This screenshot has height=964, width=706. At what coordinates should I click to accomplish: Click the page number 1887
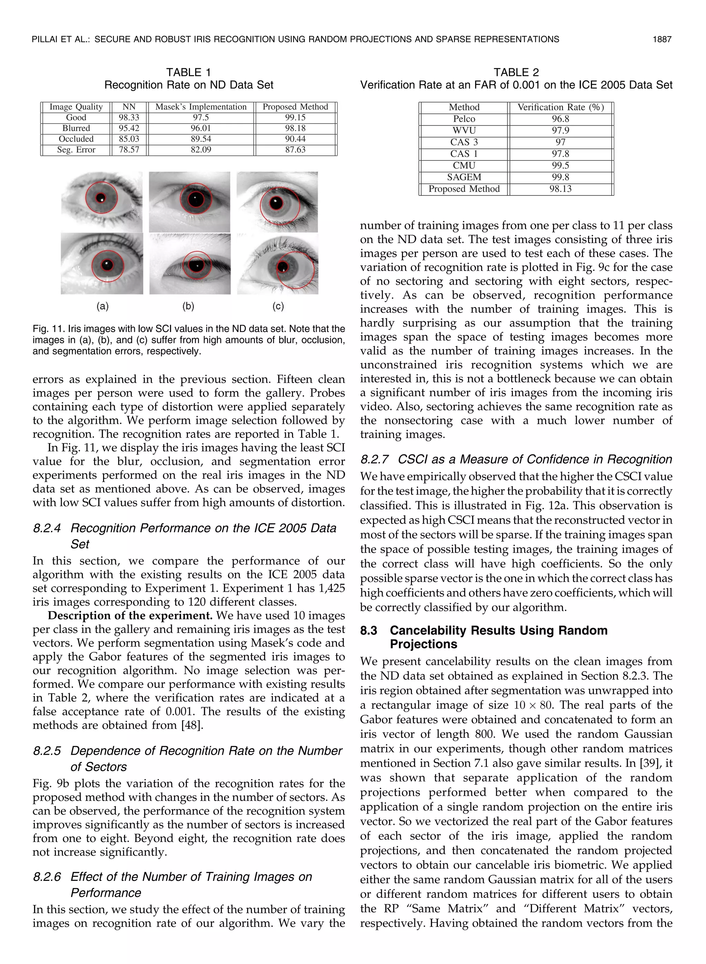coord(662,39)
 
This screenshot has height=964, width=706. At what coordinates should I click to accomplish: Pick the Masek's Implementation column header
coord(201,107)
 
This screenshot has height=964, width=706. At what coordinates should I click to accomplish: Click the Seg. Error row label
coord(76,150)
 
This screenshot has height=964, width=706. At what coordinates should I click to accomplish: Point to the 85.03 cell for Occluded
coord(129,139)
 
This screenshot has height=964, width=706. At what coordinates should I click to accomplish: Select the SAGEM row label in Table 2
coord(464,177)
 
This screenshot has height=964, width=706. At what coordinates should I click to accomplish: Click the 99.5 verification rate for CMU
coord(560,165)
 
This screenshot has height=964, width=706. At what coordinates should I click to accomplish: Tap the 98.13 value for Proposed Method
coord(560,189)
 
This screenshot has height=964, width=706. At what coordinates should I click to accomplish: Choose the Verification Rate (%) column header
coord(560,107)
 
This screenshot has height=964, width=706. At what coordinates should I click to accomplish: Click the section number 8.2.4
coord(47,529)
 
